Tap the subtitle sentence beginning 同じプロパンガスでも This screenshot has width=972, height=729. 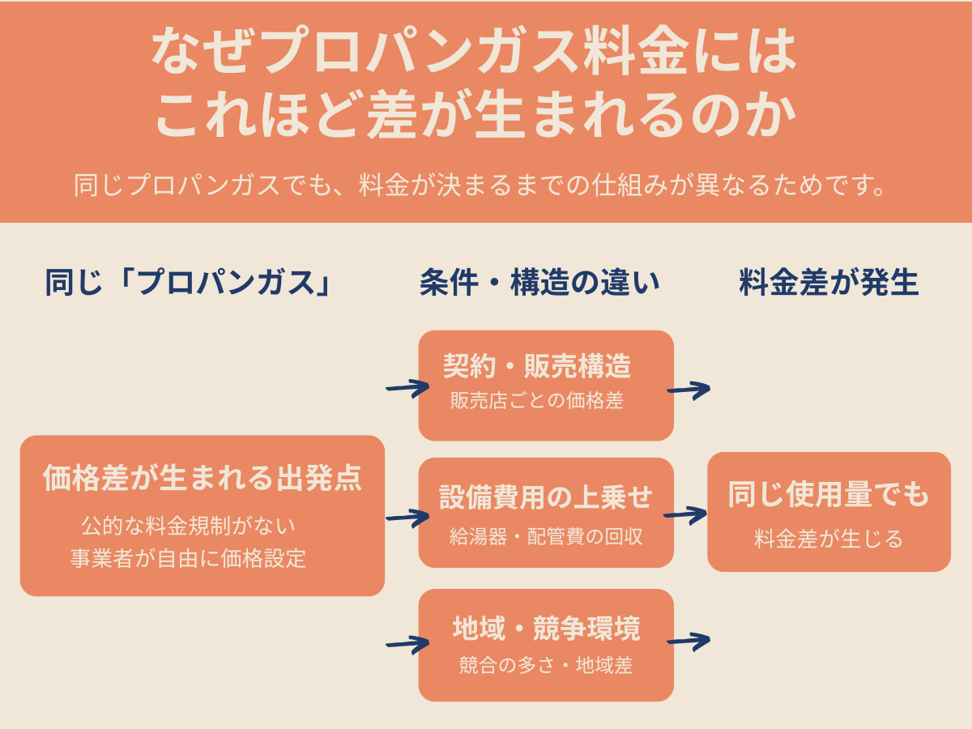pos(478,185)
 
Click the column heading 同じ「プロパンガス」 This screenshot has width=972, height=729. pos(189,283)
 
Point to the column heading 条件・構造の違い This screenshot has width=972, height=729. pos(539,283)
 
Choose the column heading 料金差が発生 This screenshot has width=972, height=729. pos(829,283)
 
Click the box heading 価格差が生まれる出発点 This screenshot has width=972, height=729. pos(202,478)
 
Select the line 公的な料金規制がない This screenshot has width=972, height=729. pos(189,526)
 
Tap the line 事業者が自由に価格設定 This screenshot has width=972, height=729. pos(189,559)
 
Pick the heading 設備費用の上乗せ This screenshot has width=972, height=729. pos(546,497)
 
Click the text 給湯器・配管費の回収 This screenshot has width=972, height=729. pos(546,536)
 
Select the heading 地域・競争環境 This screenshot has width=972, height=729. pos(546,628)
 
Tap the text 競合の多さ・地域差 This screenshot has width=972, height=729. pos(546,666)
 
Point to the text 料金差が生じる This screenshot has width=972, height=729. pos(829,539)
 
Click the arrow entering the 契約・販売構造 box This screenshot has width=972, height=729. pos(407,389)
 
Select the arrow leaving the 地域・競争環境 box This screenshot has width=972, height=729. pos(688,642)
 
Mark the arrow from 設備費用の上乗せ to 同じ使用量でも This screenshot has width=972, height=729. pos(685,514)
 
